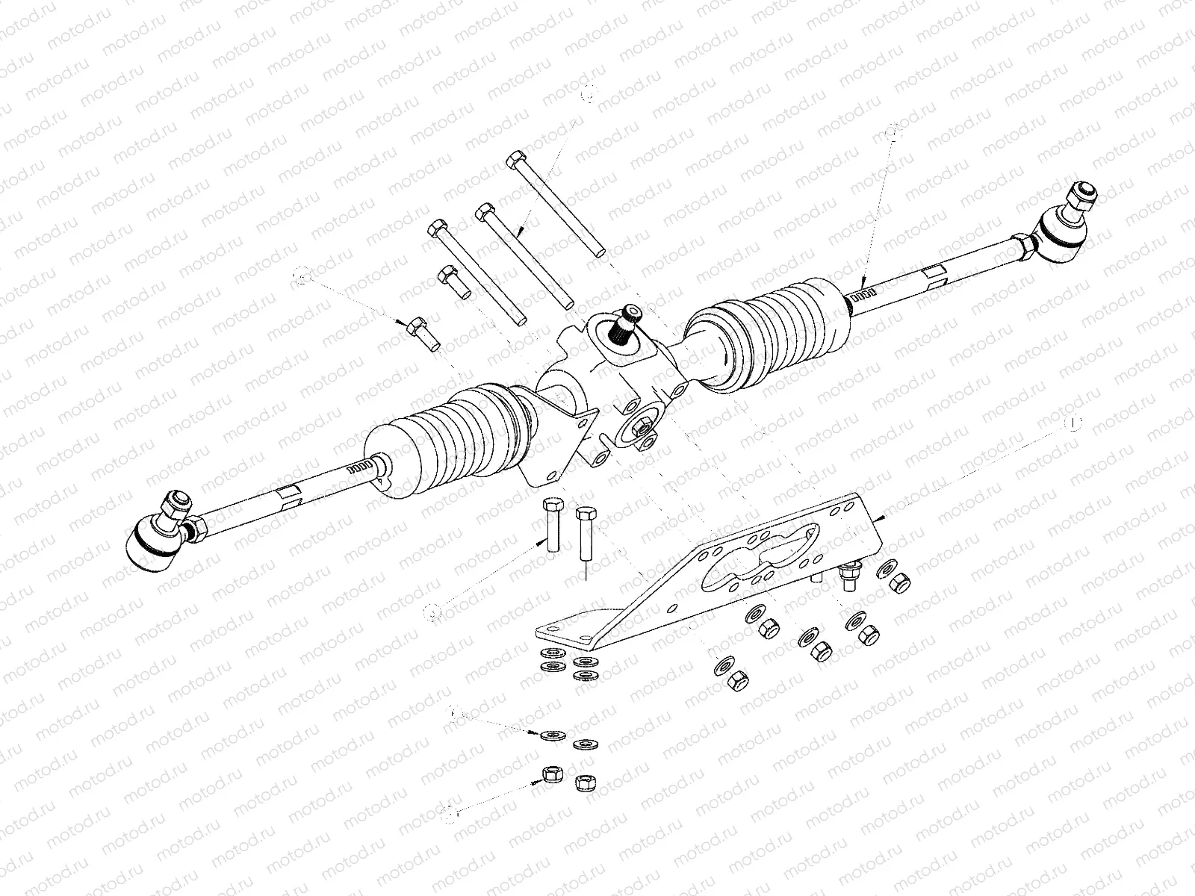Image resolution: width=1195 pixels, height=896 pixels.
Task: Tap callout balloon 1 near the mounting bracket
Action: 1073,424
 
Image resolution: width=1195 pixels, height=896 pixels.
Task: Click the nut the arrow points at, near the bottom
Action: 551,776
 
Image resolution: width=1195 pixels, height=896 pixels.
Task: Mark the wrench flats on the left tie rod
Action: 288,494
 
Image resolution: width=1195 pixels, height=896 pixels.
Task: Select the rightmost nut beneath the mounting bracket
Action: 901,582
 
